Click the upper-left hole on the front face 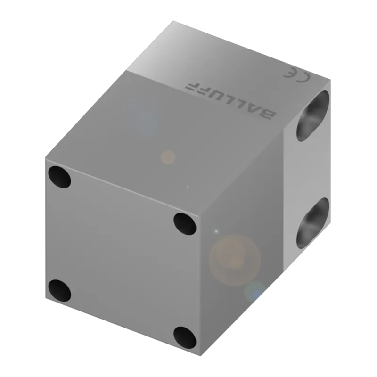59,177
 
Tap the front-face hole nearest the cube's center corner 185,224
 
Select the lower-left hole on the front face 59,291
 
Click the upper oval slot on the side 312,116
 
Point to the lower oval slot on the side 312,223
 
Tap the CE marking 297,75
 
